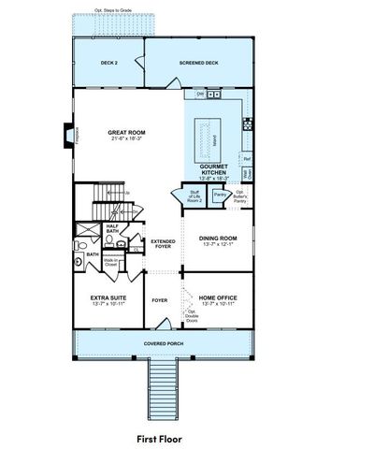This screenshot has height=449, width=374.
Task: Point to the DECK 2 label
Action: (x=108, y=63)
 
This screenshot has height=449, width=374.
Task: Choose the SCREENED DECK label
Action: (x=200, y=63)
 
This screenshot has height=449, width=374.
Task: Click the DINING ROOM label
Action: (x=216, y=239)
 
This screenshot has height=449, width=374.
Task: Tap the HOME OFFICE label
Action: (x=216, y=300)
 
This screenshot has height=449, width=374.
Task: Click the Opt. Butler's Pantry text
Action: (x=243, y=196)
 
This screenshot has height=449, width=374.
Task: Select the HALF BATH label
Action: (x=111, y=227)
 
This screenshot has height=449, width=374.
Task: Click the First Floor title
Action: (x=158, y=437)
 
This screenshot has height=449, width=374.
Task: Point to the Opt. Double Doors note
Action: (x=192, y=316)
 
